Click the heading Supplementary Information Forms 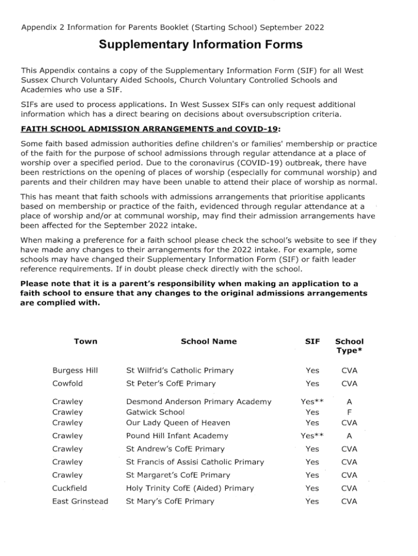pyautogui.click(x=200, y=45)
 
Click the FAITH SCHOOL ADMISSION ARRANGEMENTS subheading pyautogui.click(x=150, y=129)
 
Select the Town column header pyautogui.click(x=85, y=342)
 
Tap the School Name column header pyautogui.click(x=208, y=342)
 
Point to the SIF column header pyautogui.click(x=313, y=342)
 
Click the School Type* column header pyautogui.click(x=349, y=346)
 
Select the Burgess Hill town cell pyautogui.click(x=75, y=370)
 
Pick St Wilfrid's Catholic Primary pyautogui.click(x=180, y=370)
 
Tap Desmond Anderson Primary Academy pyautogui.click(x=199, y=402)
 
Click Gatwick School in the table pyautogui.click(x=155, y=412)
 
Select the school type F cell pyautogui.click(x=349, y=412)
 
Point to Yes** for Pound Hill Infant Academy pyautogui.click(x=312, y=435)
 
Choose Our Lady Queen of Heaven pyautogui.click(x=178, y=422)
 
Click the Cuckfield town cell pyautogui.click(x=69, y=488)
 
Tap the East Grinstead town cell pyautogui.click(x=80, y=501)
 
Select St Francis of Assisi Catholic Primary pyautogui.click(x=195, y=462)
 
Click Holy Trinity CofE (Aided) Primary pyautogui.click(x=190, y=488)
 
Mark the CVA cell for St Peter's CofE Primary pyautogui.click(x=349, y=383)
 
